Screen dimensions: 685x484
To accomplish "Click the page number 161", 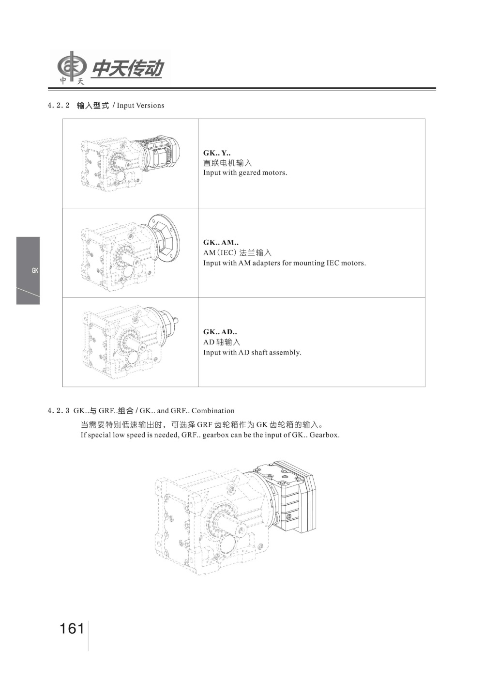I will [72, 628].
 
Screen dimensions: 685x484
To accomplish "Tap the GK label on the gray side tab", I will [34, 271].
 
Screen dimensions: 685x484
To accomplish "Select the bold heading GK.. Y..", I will [216, 153].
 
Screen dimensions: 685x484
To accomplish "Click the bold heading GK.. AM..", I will [220, 242].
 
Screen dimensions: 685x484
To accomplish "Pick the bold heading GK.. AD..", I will [220, 332].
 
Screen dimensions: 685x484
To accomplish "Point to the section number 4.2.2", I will [59, 106].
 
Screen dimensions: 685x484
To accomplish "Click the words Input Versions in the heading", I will [140, 106].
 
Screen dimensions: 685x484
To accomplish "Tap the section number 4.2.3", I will [59, 411].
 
